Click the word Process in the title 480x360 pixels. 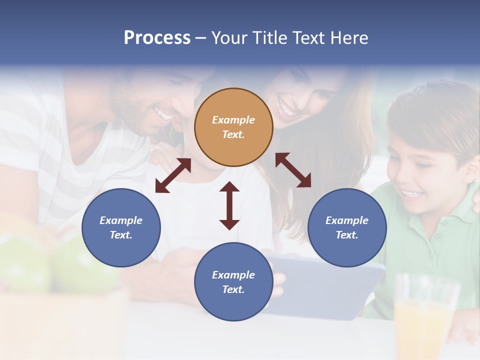(x=157, y=37)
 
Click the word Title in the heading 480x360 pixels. (x=268, y=37)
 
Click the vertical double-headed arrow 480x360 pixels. (x=229, y=205)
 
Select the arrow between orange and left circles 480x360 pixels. (x=173, y=175)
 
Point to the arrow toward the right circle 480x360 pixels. (x=293, y=170)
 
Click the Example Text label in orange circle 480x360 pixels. (x=233, y=127)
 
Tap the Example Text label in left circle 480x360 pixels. (x=121, y=227)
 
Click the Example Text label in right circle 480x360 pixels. (x=347, y=227)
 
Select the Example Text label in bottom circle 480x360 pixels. (x=233, y=282)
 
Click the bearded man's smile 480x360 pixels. (x=162, y=114)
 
